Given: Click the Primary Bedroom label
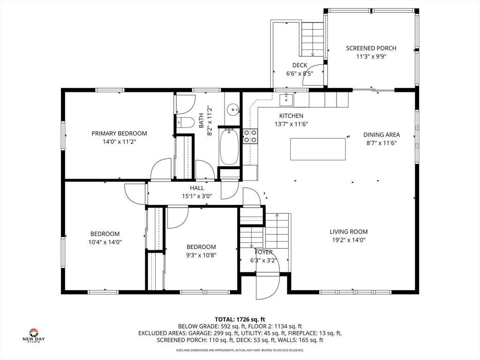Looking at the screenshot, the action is coord(119,134).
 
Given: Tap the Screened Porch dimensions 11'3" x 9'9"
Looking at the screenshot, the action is coord(371,57).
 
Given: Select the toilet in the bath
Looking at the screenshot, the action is coord(186,123).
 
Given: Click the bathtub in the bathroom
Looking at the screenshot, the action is coord(229,147).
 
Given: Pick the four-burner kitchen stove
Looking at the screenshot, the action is coord(250,136).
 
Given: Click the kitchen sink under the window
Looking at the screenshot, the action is coord(286,100).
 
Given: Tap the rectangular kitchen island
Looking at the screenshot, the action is coord(318,149).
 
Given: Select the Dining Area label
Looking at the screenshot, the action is coord(382,135).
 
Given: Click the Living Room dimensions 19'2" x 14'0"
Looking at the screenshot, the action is coord(349,240).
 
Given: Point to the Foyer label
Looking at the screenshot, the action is coord(263,252).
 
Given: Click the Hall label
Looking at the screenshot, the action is coord(197,188).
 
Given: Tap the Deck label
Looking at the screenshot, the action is coord(300,65).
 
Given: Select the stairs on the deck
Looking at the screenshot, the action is coord(313,39).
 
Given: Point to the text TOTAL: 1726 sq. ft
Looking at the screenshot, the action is coord(240,320).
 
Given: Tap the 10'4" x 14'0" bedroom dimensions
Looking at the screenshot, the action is coord(105,242).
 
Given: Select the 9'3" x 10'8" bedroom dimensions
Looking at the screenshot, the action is coord(202,255).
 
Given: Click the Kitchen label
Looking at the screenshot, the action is coord(291,116).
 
